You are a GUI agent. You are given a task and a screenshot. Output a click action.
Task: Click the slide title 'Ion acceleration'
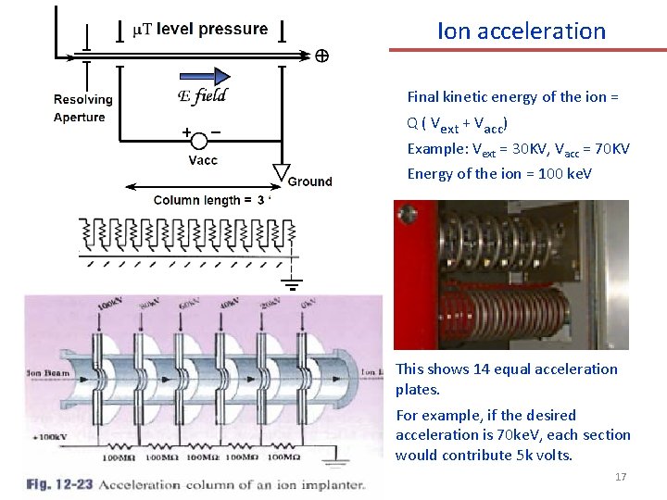tap(521, 31)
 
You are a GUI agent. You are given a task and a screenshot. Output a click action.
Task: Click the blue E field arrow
tap(203, 76)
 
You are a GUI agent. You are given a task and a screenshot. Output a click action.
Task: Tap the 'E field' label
tap(201, 96)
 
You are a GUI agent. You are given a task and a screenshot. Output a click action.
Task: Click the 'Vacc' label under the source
tap(203, 160)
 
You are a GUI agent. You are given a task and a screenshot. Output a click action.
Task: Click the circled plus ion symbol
tap(321, 56)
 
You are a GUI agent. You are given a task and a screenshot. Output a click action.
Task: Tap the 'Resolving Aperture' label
tap(82, 108)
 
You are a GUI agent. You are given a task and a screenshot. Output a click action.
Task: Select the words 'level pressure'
tap(212, 29)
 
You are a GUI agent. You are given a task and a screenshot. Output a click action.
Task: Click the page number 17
tap(621, 477)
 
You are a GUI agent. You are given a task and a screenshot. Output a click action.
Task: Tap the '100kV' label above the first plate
tap(109, 305)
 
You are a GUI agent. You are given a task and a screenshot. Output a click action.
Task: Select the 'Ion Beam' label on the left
tap(48, 371)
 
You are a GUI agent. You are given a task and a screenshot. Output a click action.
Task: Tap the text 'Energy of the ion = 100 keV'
tap(499, 174)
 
